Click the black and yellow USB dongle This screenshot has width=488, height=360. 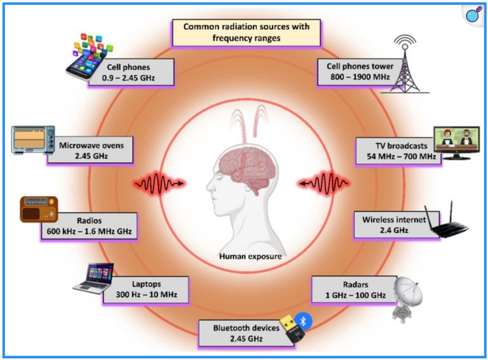[x=294, y=331]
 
